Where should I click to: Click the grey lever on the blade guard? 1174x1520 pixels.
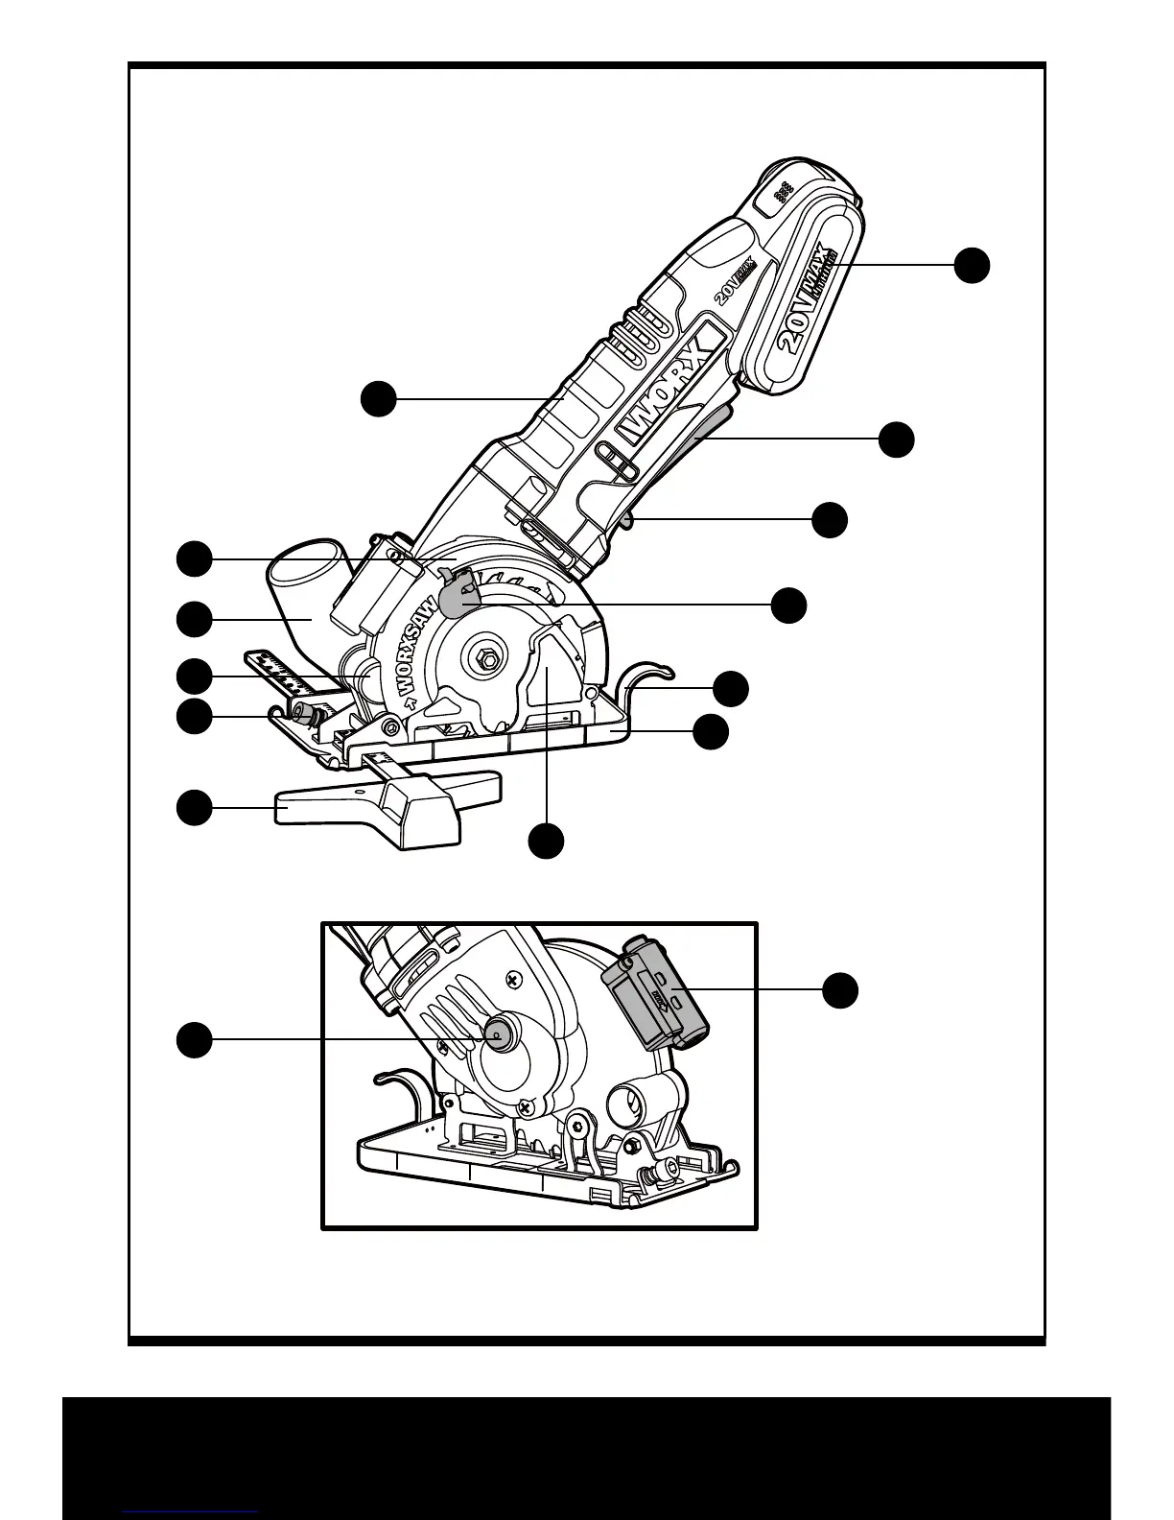point(458,594)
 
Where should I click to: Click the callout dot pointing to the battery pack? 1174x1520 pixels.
point(972,264)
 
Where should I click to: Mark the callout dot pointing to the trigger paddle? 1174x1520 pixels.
point(897,439)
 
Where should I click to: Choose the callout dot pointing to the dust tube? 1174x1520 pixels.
point(194,619)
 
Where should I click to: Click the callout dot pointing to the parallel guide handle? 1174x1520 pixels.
point(194,807)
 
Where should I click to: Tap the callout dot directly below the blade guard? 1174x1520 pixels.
point(547,841)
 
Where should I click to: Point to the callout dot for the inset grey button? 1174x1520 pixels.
point(194,1040)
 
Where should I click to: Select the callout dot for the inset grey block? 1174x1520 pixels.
point(840,990)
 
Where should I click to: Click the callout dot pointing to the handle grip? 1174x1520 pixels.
point(379,398)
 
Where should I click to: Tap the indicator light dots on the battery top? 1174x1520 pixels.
point(783,191)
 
